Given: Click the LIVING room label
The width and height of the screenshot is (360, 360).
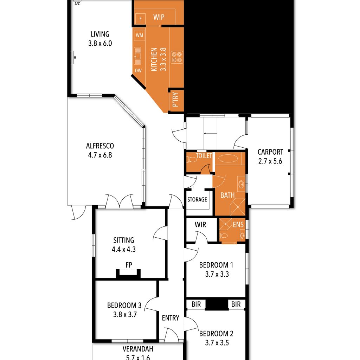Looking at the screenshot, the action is click(100, 34).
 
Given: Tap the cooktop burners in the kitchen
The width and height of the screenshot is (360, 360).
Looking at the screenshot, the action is click(177, 57).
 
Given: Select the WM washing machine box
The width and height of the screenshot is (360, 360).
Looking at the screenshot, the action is click(139, 36).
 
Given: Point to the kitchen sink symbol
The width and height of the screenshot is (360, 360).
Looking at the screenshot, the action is click(137, 56).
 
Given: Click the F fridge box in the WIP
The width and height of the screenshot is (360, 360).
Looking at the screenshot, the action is click(140, 19).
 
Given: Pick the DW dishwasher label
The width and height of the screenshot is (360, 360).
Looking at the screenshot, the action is click(138, 70).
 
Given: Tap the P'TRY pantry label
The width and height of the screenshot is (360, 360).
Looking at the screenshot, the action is click(175, 99).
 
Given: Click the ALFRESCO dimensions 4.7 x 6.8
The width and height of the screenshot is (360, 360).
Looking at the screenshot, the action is click(100, 155).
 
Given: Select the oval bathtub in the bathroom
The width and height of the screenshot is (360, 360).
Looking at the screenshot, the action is click(228, 159).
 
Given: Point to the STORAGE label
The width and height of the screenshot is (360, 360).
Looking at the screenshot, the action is click(197, 200).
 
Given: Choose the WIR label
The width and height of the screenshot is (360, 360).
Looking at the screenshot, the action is click(200, 225).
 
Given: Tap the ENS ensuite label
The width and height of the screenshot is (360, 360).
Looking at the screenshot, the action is click(238, 224).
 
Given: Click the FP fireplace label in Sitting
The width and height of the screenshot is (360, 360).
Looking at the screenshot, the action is click(129, 265).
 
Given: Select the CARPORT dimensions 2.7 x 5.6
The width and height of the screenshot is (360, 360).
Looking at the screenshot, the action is click(270, 161).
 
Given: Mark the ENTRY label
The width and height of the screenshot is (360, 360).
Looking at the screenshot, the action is click(171, 318).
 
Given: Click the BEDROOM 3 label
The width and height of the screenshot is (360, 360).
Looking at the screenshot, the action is click(124, 306).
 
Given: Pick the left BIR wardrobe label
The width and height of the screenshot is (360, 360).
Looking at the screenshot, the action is click(196, 304).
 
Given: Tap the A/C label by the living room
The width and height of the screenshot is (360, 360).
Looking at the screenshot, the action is click(77, 4).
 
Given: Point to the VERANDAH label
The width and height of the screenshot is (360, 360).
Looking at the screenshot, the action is click(138, 349).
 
